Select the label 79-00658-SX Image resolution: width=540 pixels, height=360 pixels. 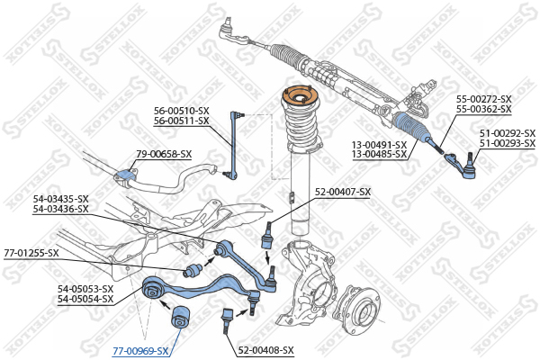coord(164,154)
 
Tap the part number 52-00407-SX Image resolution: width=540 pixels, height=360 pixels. coord(342,192)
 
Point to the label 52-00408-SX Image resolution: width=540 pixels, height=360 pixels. coord(265,350)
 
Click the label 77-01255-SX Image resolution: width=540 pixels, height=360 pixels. coord(31,253)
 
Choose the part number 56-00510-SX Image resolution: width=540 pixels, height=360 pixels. coord(181,111)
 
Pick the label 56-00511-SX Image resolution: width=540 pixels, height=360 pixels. coord(181,121)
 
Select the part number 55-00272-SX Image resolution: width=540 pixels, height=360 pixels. coord(483,99)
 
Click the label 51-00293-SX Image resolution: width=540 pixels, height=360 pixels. coord(507,144)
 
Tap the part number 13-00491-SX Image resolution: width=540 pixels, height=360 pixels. coord(378,144)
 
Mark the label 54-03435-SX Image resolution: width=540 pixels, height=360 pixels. coord(60,199)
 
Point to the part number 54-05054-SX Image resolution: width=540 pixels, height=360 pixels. coord(85,299)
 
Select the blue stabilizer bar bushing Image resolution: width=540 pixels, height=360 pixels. coord(125,170)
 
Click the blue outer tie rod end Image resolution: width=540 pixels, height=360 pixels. coord(464,164)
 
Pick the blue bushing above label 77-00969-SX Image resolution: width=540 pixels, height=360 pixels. coord(176,318)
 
